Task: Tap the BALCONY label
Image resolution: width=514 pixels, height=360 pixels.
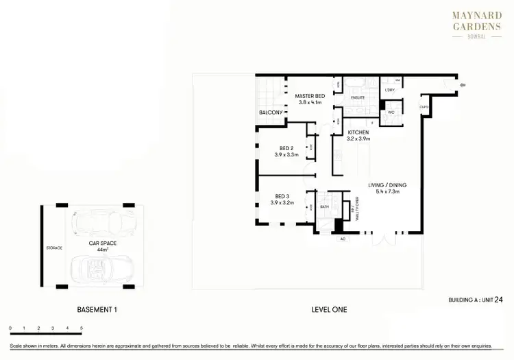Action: (271, 112)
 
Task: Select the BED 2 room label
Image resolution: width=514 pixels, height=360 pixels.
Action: (286, 148)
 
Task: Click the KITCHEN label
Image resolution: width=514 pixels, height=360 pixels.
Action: (358, 132)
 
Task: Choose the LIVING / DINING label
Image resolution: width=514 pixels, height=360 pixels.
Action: (388, 185)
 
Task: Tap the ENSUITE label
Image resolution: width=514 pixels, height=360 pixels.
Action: (358, 98)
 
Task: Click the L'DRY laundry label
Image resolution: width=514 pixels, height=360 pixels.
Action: (390, 90)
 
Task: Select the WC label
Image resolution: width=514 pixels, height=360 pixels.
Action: (390, 112)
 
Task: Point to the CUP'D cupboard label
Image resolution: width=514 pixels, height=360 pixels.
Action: (424, 108)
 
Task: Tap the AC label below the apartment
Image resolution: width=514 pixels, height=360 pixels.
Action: (342, 239)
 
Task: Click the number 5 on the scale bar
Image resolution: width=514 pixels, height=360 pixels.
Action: (82, 328)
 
